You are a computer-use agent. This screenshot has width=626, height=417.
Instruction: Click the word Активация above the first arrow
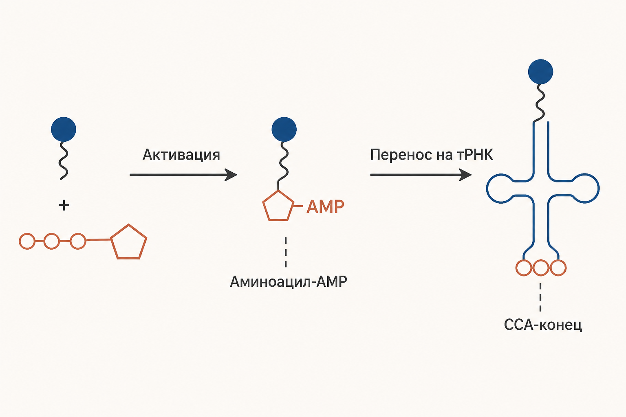(x=181, y=155)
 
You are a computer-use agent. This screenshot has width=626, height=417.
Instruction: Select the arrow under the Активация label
(x=183, y=175)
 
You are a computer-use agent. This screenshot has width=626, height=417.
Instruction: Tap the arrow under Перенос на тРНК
(x=421, y=175)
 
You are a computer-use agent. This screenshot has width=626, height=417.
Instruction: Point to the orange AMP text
(x=325, y=207)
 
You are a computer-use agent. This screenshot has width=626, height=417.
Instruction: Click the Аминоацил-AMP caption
(x=289, y=281)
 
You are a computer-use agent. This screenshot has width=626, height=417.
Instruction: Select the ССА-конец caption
(x=543, y=325)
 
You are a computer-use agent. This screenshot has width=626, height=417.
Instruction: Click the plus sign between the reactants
(x=64, y=206)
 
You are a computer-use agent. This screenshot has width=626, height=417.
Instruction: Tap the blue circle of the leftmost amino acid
(x=64, y=129)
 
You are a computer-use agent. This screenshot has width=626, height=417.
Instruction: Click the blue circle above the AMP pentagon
(x=284, y=129)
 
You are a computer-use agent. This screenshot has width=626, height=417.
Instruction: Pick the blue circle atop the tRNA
(x=540, y=72)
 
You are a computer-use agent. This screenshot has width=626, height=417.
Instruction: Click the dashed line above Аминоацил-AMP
(x=285, y=252)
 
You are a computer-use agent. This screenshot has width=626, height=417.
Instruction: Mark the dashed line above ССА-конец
(x=540, y=297)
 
